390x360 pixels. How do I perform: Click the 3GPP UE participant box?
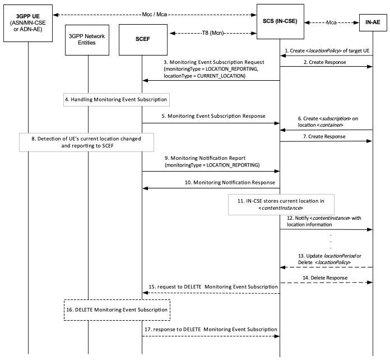28,23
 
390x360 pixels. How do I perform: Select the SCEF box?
143,40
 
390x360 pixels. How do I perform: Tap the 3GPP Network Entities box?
87,40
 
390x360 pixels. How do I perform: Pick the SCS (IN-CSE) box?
280,21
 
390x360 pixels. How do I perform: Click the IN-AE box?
373,22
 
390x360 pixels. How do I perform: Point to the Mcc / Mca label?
154,15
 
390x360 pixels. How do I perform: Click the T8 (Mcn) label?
213,33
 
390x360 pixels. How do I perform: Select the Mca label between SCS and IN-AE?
331,22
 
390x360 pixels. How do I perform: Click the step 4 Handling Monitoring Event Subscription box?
117,100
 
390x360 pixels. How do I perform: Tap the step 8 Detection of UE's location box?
86,142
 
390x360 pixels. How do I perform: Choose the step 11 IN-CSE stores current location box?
281,205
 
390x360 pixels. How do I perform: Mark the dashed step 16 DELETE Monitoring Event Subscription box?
117,310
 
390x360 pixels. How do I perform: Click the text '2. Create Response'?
325,62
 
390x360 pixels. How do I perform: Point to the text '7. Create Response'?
324,136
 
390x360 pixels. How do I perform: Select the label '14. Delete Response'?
325,278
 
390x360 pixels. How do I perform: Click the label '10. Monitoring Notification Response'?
230,182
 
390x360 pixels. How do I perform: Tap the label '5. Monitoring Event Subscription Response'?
213,116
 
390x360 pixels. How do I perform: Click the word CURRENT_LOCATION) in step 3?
221,76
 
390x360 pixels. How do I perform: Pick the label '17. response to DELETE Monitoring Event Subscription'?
211,329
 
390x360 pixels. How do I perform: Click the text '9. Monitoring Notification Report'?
205,158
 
